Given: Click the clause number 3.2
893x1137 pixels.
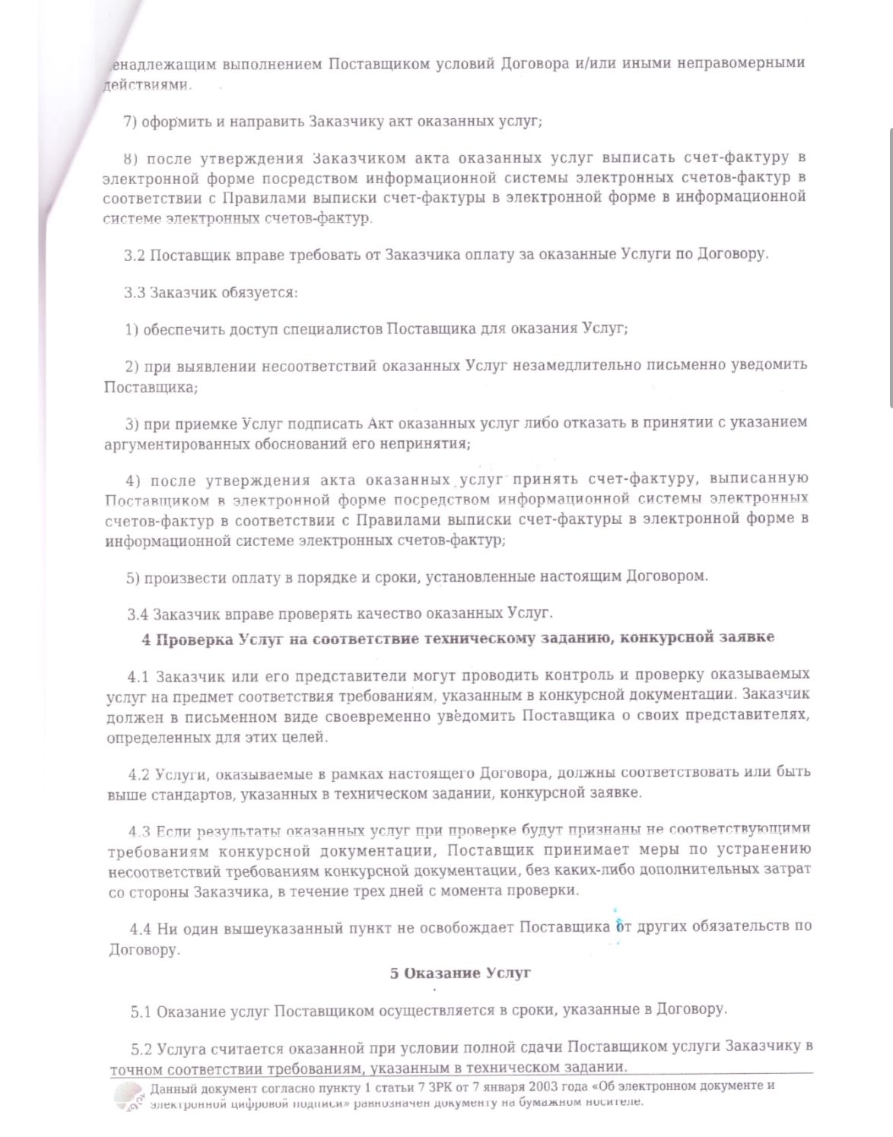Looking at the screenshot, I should click(135, 255).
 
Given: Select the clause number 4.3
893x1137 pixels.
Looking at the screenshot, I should click(141, 831).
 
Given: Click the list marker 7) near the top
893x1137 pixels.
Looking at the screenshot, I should click(130, 122).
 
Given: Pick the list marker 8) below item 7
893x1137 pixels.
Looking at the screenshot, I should click(131, 159).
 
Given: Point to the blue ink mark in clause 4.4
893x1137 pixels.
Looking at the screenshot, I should click(618, 926).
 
